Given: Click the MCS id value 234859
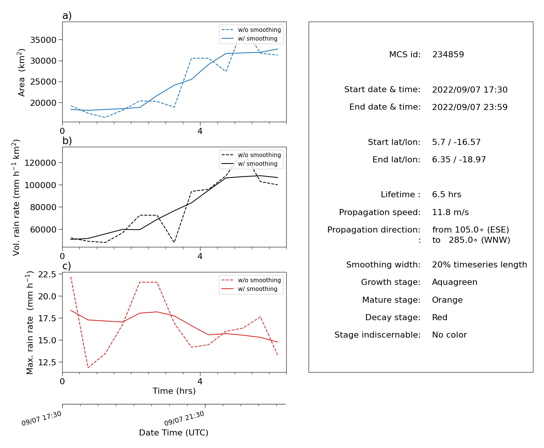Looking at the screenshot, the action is click(x=448, y=54).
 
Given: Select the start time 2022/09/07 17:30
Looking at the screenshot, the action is click(x=470, y=90).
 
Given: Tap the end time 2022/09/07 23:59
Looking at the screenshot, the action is click(x=470, y=107).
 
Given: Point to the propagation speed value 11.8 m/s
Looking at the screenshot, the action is click(x=450, y=212).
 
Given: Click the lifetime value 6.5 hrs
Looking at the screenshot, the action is click(x=446, y=195).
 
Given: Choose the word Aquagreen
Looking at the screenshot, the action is click(x=455, y=282).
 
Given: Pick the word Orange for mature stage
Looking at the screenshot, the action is click(x=447, y=300).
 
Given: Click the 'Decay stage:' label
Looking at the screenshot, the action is click(x=393, y=318).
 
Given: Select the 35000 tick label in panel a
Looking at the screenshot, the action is click(x=43, y=40).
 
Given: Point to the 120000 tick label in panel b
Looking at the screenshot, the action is click(x=40, y=163).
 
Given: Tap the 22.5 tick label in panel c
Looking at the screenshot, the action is click(x=47, y=274).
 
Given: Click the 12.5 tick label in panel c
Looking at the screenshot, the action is click(x=47, y=362).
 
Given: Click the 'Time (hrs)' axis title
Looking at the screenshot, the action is click(x=174, y=391).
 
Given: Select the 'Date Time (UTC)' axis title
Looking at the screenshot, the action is click(x=174, y=433).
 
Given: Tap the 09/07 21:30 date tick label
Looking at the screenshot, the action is click(x=184, y=418).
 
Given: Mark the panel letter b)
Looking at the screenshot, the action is click(x=67, y=141).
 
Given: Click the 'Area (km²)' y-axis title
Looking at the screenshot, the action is click(x=21, y=72).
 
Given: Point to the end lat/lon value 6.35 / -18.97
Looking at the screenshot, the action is click(x=459, y=160).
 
